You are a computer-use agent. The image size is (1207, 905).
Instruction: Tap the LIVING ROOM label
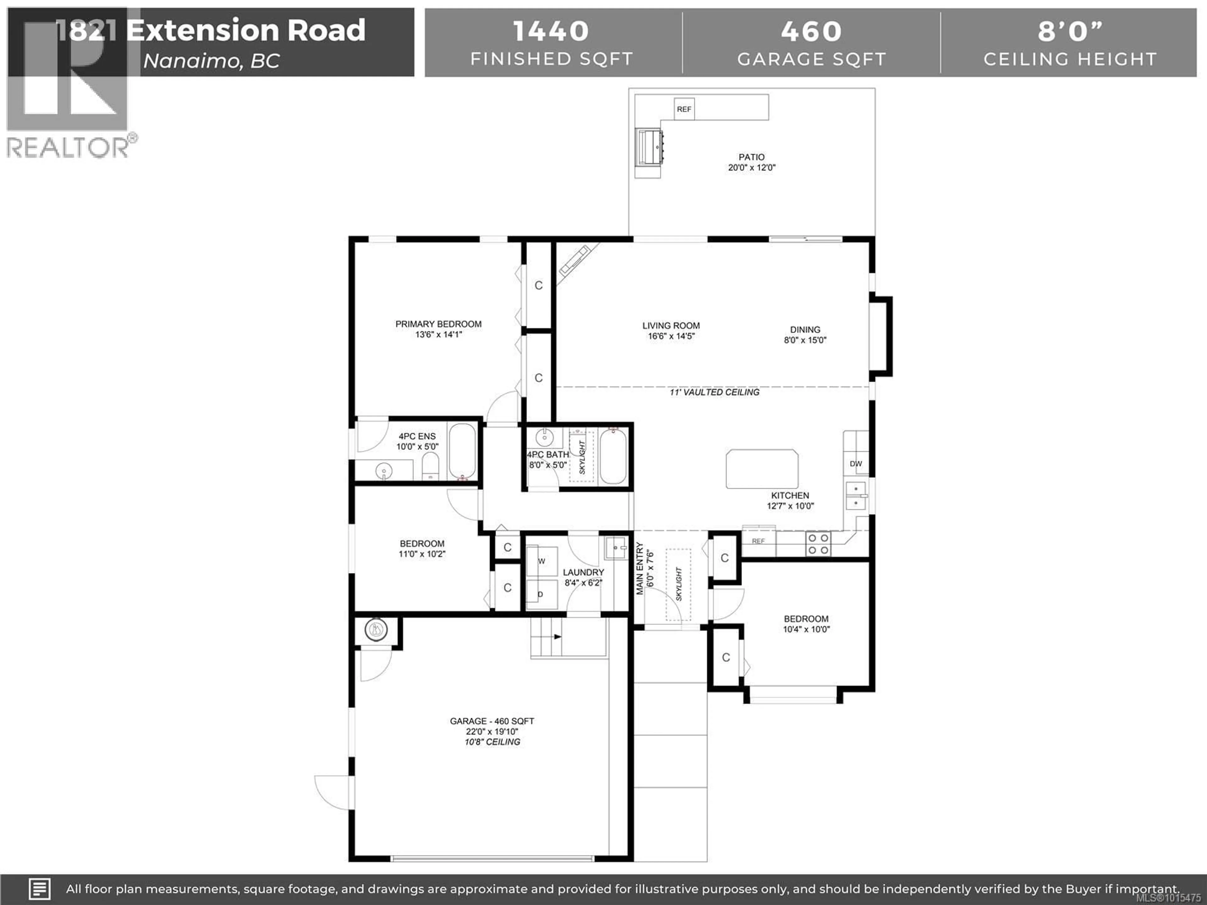[671, 326]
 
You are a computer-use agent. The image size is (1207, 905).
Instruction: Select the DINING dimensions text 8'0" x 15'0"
[805, 340]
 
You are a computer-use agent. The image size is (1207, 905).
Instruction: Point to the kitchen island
[762, 469]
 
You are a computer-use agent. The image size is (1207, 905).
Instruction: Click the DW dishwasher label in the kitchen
[856, 464]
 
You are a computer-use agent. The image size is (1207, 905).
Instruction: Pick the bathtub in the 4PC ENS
[462, 451]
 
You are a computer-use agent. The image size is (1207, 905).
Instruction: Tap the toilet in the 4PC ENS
[431, 468]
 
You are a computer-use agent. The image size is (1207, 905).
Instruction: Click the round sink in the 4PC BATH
[544, 437]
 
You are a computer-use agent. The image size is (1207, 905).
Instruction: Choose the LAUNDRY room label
[583, 572]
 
